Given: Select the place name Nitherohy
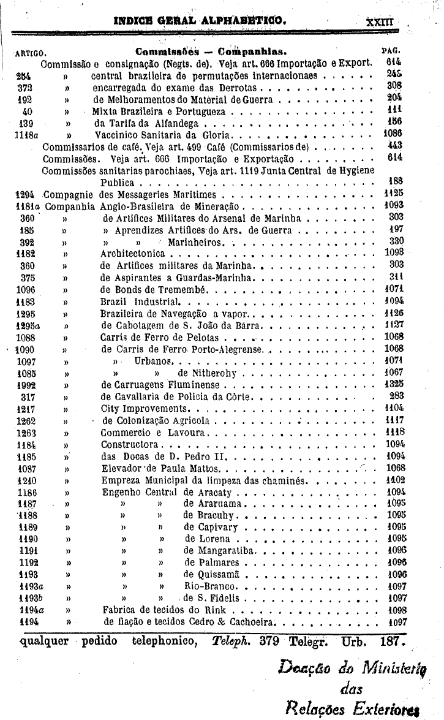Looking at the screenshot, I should pos(211,373).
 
